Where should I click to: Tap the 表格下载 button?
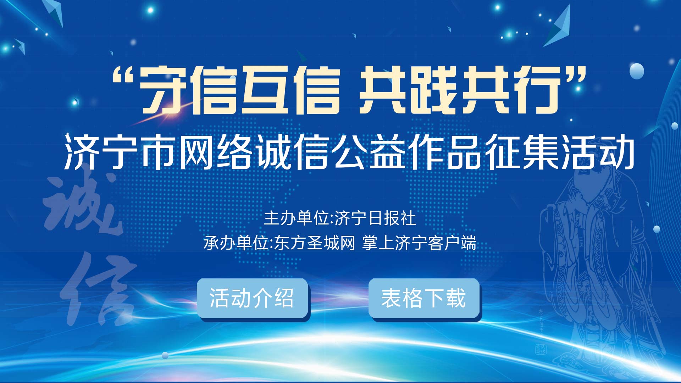pyautogui.click(x=424, y=299)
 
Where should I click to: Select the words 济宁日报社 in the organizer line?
pyautogui.click(x=375, y=218)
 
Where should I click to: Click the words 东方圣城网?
pyautogui.click(x=315, y=243)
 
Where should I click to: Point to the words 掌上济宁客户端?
pyautogui.click(x=419, y=243)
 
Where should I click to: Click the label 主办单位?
pyautogui.click(x=296, y=218)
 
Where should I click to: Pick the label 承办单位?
pyautogui.click(x=236, y=243)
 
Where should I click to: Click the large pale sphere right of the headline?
pyautogui.click(x=637, y=71)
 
